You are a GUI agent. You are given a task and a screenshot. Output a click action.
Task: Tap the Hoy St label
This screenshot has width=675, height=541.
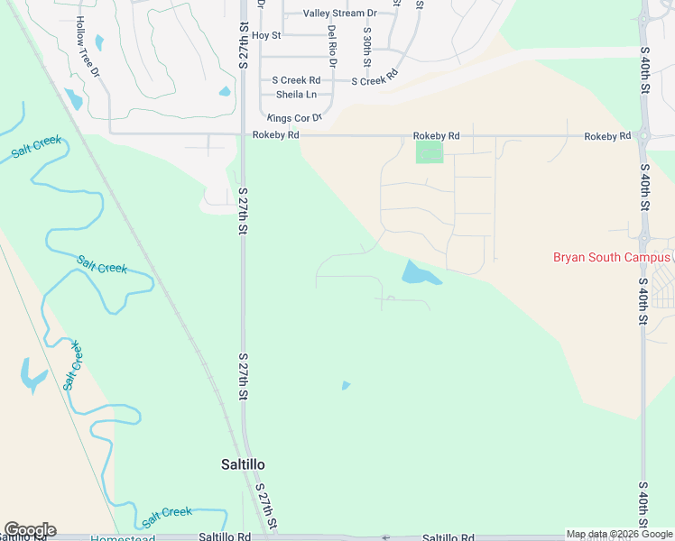pos(266,35)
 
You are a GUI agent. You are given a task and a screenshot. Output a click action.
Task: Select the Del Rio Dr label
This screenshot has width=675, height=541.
pos(332,40)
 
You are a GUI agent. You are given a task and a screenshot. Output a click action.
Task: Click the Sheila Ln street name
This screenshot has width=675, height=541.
pos(296,94)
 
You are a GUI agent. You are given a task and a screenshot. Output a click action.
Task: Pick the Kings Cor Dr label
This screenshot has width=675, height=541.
pos(293,118)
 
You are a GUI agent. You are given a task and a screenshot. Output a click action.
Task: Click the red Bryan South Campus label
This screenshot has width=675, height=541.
pos(612,257)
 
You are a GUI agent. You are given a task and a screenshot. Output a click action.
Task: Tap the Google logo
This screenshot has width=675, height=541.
pos(29,529)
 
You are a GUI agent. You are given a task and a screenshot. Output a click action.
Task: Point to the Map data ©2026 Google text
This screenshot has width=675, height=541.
pos(619,534)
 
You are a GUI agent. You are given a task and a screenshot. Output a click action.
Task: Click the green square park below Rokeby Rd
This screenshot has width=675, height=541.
pos(430,152)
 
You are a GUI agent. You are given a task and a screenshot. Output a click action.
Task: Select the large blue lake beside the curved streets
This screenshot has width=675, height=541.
pos(419,272)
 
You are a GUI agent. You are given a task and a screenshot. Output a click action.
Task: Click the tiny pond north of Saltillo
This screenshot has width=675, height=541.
pos(346,386)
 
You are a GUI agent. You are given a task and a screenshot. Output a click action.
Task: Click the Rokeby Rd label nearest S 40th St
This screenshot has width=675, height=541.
pos(606,136)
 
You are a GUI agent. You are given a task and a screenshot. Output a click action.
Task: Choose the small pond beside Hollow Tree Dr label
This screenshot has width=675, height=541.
pos(72,97)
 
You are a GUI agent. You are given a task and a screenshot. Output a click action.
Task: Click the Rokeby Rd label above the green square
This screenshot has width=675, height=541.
pos(436,136)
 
